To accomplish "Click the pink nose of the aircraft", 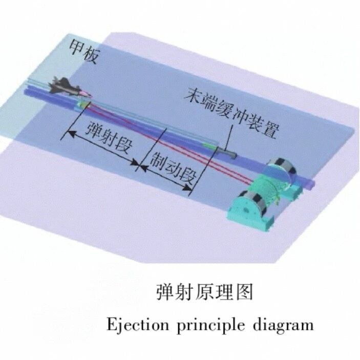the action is point(89,94).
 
